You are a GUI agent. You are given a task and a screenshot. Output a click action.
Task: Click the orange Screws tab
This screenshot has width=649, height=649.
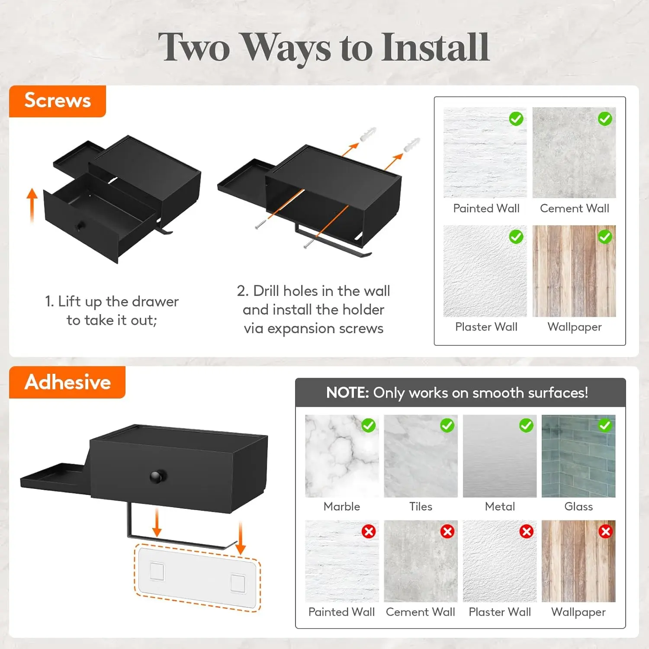pos(58,101)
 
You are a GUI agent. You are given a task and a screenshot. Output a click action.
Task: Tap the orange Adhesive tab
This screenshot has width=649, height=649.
pos(67,382)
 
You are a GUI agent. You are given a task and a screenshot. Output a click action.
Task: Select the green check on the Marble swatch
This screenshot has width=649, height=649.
pos(369,425)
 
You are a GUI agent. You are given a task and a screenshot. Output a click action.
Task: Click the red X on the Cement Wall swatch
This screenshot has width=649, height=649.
pos(447,531)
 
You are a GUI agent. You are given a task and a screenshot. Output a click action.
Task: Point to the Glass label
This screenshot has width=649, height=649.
pos(578,506)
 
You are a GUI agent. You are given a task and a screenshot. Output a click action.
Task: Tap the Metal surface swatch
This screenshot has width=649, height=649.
pos(500,456)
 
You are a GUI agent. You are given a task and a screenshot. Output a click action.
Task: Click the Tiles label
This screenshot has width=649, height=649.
pos(421,506)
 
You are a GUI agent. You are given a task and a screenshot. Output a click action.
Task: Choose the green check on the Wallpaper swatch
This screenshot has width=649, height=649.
pos(605,237)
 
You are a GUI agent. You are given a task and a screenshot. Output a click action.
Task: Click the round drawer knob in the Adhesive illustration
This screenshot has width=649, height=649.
pos(155,476)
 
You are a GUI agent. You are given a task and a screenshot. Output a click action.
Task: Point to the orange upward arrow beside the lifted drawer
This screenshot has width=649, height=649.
pos(32,206)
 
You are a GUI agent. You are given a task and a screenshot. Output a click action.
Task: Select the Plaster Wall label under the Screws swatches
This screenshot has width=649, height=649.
pos(486,327)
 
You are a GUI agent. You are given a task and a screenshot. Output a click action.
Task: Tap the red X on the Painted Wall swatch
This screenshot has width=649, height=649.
pos(369,531)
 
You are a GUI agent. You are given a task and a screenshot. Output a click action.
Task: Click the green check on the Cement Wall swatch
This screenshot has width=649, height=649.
pos(605,119)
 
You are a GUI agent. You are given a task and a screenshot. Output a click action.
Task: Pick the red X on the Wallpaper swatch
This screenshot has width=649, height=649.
pos(605,531)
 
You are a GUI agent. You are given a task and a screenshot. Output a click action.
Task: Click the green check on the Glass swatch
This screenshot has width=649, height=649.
pos(605,425)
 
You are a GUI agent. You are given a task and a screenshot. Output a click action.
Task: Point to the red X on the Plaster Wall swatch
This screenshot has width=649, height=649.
pos(527,531)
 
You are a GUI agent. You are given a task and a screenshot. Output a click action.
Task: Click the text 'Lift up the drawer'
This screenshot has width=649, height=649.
pos(118,302)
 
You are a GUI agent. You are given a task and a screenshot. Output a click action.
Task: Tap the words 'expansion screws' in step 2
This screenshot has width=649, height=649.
pos(325,329)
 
